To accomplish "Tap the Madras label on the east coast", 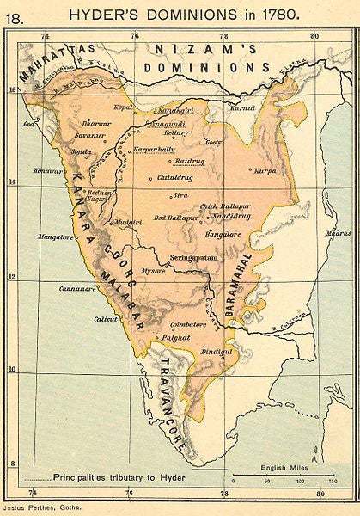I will click(x=338, y=233).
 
